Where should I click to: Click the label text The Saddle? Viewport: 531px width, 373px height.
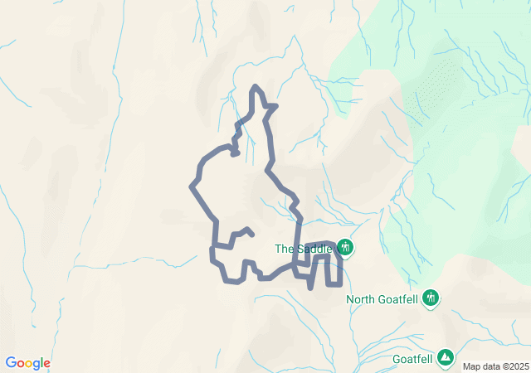click(304, 249)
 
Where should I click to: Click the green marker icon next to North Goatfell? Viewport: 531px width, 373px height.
click(430, 298)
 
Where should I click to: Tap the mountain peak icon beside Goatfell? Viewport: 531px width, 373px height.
click(446, 356)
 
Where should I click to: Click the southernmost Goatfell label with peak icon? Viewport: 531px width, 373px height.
click(413, 359)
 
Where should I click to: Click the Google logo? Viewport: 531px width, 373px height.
click(28, 363)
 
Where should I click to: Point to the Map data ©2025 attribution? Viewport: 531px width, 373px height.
click(495, 366)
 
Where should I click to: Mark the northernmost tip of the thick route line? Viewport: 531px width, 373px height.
click(256, 86)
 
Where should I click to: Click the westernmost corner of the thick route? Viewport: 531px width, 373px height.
click(192, 185)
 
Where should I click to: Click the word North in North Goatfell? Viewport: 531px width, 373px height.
click(362, 299)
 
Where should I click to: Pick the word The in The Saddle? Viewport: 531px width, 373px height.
click(284, 249)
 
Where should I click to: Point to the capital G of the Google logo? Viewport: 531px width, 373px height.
click(11, 363)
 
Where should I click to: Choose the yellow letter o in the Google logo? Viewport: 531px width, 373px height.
click(29, 364)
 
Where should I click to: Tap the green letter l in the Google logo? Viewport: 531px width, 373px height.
click(42, 362)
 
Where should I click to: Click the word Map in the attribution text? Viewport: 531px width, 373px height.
click(471, 366)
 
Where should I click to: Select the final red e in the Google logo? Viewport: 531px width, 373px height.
click(47, 364)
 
